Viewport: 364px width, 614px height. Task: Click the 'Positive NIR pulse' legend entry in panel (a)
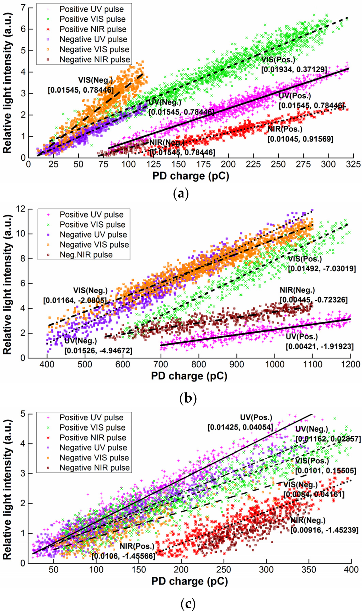click(93, 29)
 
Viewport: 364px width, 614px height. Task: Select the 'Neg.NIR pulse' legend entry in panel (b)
click(86, 255)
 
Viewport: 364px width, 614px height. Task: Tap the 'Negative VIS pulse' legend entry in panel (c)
click(94, 458)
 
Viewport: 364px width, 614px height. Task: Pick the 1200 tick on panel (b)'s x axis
click(350, 364)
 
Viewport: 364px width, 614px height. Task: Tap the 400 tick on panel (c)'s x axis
click(351, 569)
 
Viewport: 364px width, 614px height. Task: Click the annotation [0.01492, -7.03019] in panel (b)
click(322, 268)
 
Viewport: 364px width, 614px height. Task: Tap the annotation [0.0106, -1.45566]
click(123, 556)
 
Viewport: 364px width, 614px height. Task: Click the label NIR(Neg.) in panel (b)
click(297, 290)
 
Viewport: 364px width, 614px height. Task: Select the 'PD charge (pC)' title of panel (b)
click(189, 376)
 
